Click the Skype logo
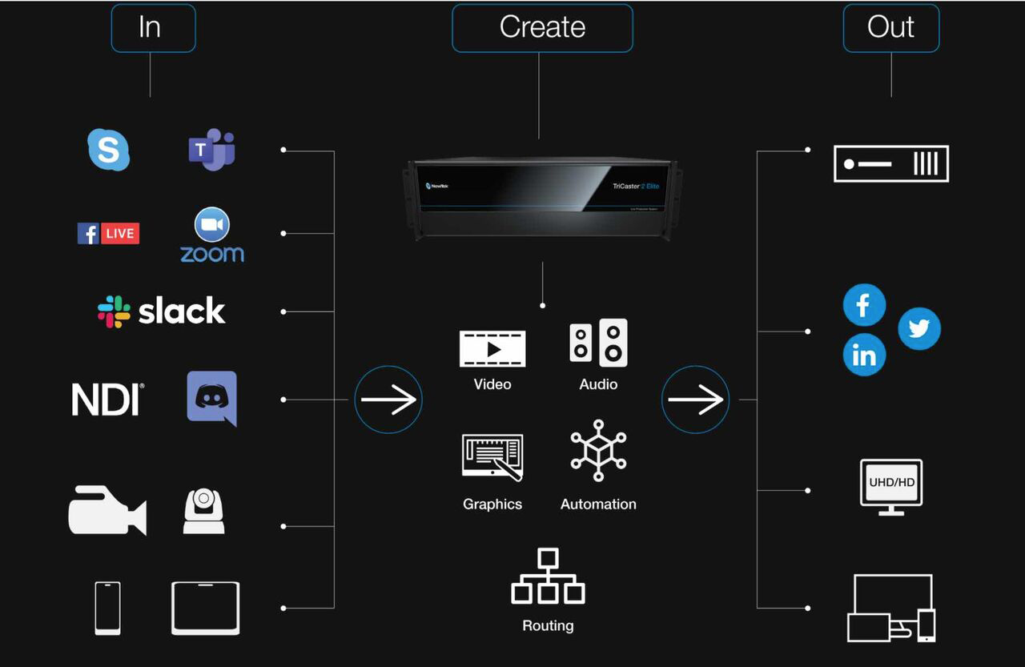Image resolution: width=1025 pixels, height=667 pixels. [x=108, y=150]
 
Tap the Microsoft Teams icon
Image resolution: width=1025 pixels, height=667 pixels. [x=211, y=150]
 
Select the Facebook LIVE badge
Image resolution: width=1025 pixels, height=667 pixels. [x=108, y=233]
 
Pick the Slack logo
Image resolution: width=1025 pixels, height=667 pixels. [x=162, y=311]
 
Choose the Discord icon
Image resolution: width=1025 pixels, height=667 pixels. [x=212, y=398]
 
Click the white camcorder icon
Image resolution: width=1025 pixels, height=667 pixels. [x=107, y=510]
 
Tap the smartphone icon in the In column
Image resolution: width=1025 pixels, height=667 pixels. [x=107, y=608]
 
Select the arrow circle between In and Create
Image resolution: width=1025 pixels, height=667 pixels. [x=388, y=400]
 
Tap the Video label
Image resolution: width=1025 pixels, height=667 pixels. [x=492, y=384]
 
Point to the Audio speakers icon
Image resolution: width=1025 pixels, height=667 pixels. [x=598, y=343]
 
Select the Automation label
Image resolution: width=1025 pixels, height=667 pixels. [x=598, y=504]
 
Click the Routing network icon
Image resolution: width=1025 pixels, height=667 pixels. [x=548, y=577]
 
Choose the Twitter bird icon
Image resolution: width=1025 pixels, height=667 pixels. [x=918, y=329]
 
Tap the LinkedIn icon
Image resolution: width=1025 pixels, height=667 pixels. [x=864, y=355]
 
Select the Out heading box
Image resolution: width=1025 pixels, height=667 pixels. [x=891, y=27]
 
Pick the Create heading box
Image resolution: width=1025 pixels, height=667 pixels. [x=542, y=27]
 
